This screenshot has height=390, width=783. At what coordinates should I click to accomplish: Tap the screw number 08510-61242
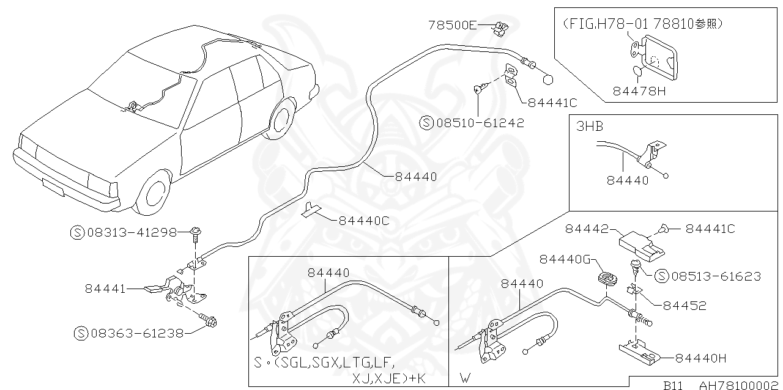tap(480, 123)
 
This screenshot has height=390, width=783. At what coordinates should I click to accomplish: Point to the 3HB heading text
tap(590, 127)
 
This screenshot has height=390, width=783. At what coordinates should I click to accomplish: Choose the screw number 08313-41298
tap(132, 232)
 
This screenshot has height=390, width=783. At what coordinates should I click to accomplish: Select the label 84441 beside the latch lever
tap(105, 288)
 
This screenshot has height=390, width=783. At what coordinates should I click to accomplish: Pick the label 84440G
tap(564, 260)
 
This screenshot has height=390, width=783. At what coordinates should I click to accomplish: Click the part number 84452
tap(685, 306)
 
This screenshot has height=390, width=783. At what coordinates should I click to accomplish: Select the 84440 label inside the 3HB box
tap(628, 180)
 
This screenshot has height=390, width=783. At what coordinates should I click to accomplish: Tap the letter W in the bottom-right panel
tap(466, 378)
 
